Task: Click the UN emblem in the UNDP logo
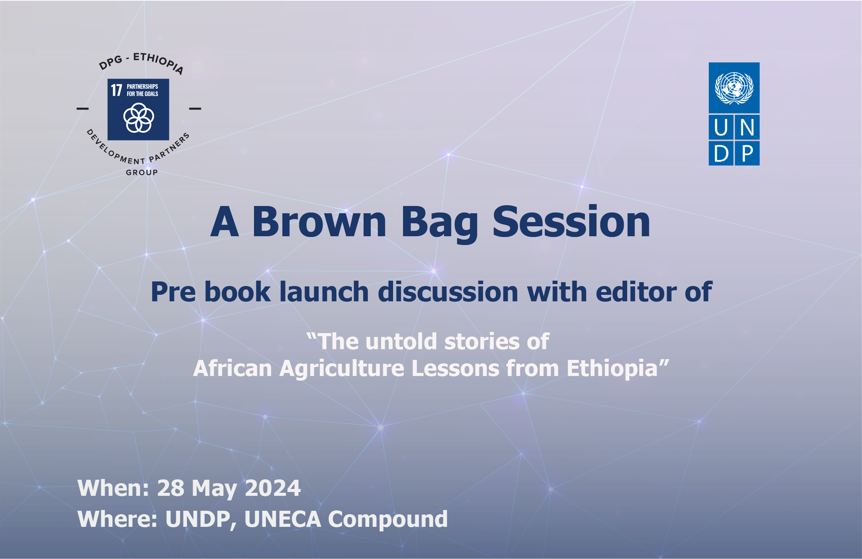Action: tap(734, 88)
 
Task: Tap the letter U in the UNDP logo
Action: tap(721, 127)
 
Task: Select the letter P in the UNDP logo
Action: tap(747, 154)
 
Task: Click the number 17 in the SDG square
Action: tap(116, 90)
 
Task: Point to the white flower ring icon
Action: tap(139, 118)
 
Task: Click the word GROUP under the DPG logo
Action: tap(142, 172)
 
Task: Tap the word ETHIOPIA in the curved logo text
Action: tap(159, 62)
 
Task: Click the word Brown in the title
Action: tap(319, 222)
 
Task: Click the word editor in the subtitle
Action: tap(635, 292)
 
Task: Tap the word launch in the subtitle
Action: tap(324, 292)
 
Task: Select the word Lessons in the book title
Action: tap(456, 368)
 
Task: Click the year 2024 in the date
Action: tap(273, 488)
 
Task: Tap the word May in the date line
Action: tap(215, 489)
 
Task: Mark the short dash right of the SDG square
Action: tap(195, 108)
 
